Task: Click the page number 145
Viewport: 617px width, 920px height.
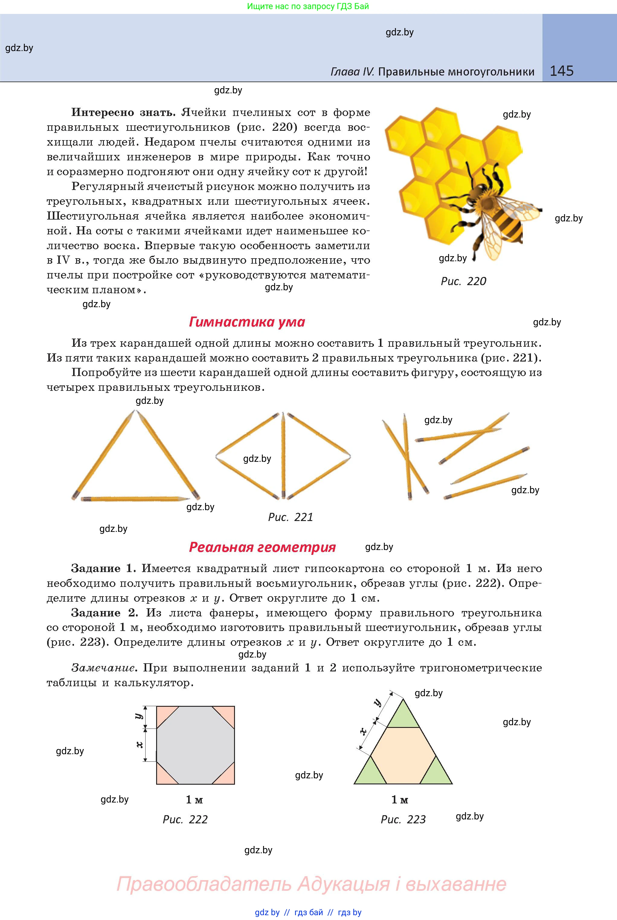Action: click(x=561, y=71)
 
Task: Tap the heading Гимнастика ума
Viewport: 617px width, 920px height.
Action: click(x=247, y=322)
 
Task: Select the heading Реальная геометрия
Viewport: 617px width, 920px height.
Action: click(x=262, y=547)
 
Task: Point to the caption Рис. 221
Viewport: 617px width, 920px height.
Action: click(x=291, y=517)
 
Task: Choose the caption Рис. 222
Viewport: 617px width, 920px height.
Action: click(x=185, y=819)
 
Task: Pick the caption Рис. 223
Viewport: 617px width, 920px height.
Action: click(x=403, y=819)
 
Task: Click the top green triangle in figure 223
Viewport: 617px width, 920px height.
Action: click(x=403, y=716)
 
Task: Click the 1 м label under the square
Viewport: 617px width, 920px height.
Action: click(x=194, y=799)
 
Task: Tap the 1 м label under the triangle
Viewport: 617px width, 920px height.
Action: click(x=400, y=799)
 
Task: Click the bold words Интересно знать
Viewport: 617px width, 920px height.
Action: click(x=123, y=113)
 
